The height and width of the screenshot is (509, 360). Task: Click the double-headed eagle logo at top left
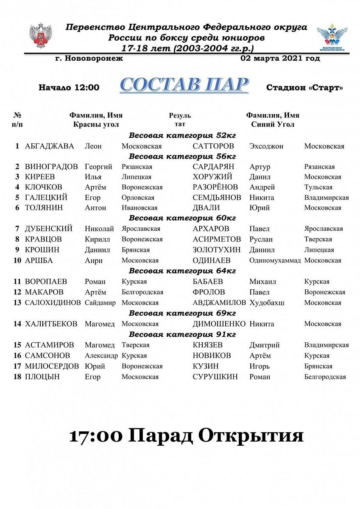(40, 36)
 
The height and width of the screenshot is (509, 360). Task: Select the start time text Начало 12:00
(69, 88)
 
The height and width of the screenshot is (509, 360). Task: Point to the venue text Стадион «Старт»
(304, 88)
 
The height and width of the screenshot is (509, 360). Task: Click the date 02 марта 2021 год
(280, 59)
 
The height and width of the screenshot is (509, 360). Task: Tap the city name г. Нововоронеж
(89, 59)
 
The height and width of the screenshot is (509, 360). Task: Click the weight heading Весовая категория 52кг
(182, 136)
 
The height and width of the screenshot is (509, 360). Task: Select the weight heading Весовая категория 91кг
(182, 335)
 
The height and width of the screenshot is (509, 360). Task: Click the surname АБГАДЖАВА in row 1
(49, 146)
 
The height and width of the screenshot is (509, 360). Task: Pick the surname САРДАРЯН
(213, 167)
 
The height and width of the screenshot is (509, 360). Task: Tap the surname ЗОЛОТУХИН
(216, 250)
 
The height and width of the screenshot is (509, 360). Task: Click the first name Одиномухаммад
(275, 260)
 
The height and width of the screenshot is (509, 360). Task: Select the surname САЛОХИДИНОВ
(53, 303)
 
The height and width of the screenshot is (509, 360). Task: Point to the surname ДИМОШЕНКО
(219, 324)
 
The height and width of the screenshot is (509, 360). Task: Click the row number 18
(17, 377)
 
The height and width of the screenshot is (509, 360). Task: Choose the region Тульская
(318, 187)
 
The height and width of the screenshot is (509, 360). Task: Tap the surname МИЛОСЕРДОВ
(52, 366)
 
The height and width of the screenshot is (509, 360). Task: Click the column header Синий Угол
(273, 125)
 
